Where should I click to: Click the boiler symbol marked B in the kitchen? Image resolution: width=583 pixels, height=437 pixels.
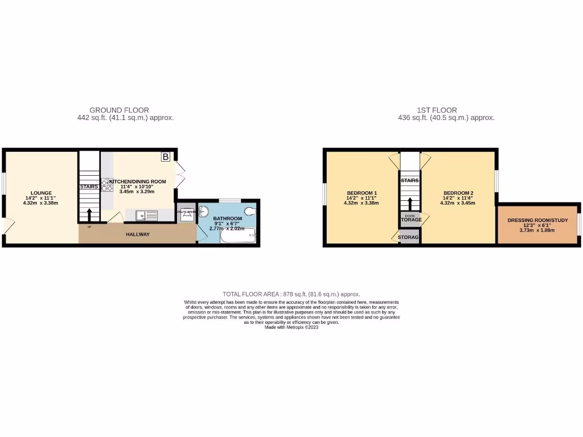(x=166, y=156)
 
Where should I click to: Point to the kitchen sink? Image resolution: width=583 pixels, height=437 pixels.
(x=147, y=215)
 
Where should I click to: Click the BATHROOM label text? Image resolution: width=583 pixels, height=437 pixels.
(x=228, y=218)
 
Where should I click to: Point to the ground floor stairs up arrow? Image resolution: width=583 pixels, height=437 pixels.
(x=89, y=215)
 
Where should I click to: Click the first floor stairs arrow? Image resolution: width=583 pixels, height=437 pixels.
(x=409, y=203)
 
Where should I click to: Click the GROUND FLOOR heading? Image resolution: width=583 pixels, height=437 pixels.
(x=120, y=110)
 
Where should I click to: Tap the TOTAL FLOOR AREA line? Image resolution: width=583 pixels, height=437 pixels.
(x=291, y=294)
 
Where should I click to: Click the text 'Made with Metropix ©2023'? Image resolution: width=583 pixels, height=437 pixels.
(x=291, y=327)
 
